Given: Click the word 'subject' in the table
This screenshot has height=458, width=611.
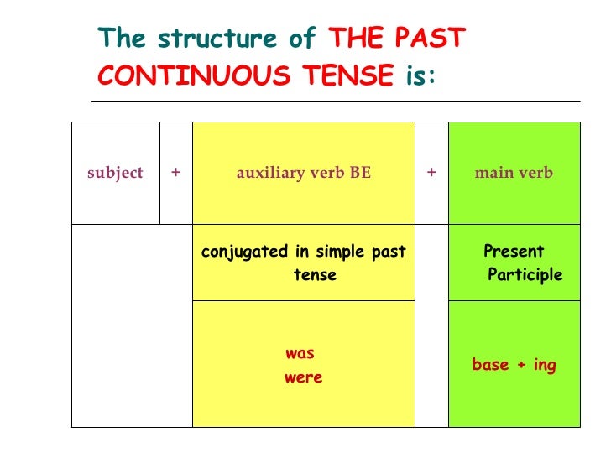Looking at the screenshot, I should pos(115,173).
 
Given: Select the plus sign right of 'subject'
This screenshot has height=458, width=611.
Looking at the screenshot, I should pos(175,173).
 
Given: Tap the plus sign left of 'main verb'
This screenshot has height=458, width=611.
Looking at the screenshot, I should pos(431,173).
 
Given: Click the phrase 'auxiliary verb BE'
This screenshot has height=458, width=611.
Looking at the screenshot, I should pos(303,173).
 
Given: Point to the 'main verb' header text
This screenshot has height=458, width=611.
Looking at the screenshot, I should pos(514,173).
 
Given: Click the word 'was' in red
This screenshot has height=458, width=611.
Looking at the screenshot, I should pos(300,353).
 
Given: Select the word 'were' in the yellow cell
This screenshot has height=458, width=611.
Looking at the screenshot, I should pos(303,377).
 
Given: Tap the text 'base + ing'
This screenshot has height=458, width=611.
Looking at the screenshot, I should pos(514,365).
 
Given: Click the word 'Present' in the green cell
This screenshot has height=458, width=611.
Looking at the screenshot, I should pos(514,251).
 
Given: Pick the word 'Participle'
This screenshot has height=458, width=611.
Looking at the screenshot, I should pos(525,275).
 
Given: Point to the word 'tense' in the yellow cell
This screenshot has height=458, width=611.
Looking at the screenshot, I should pos(315,275).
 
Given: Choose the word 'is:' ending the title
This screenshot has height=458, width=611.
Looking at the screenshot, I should pos(421,77).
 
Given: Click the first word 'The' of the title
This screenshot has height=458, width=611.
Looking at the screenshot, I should pos(122,39).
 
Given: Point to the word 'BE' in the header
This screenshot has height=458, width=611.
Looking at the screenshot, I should pos(361,173).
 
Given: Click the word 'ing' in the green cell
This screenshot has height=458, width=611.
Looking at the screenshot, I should pos(544,366).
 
